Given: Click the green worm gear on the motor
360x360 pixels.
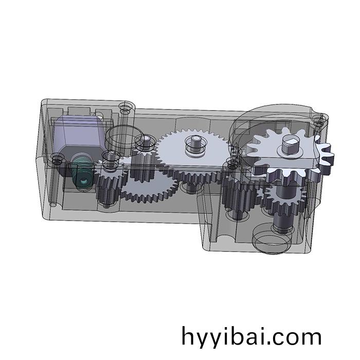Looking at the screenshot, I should tap(82, 173).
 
